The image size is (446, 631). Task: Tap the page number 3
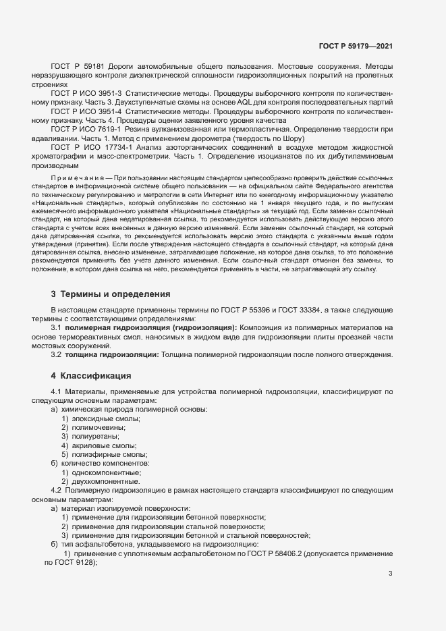pos(390,574)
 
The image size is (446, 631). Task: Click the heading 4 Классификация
pos(90,375)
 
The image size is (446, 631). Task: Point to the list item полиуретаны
pos(95,437)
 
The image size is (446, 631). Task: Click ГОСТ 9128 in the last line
pos(65,562)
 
